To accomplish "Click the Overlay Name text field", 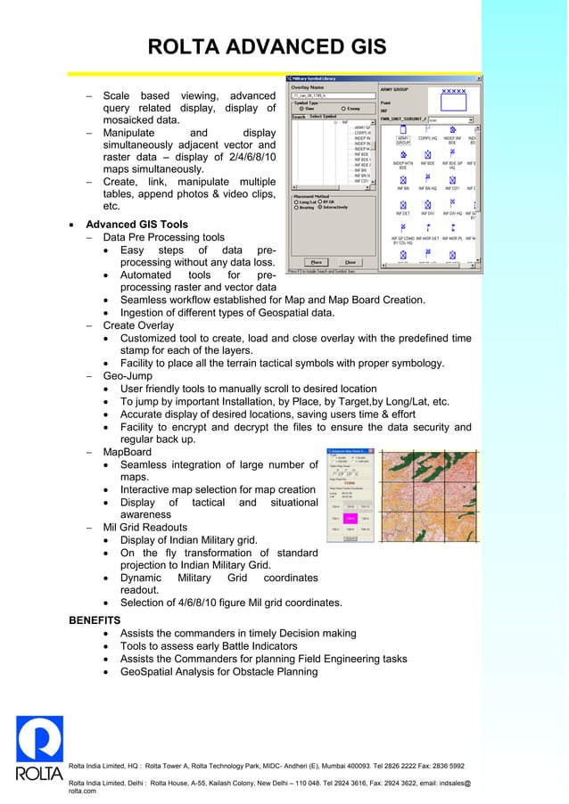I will pos(319,94).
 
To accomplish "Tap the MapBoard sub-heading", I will pos(128,452).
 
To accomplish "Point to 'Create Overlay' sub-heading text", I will pos(138,326).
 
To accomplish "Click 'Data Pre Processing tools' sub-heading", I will pos(164,238).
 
